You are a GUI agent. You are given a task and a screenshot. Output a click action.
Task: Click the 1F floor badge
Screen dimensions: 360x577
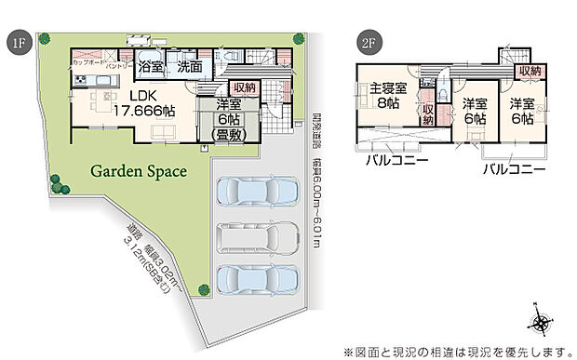(16, 42)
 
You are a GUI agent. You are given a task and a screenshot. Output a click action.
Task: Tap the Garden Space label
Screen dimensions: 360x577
(139, 171)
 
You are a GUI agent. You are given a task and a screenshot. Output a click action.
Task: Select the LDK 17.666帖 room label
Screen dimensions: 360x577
(143, 103)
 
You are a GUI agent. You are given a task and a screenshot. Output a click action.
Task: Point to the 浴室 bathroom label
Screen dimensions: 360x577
(151, 67)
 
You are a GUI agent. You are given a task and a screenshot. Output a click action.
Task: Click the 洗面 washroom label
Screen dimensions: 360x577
(189, 67)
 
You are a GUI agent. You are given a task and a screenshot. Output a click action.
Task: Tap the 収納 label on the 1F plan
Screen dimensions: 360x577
(244, 87)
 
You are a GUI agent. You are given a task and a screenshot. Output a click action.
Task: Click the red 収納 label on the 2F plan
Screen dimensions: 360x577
(530, 71)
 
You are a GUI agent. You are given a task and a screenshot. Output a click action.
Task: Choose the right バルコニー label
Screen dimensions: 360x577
(513, 170)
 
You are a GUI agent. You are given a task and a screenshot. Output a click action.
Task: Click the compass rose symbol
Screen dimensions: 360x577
(541, 323)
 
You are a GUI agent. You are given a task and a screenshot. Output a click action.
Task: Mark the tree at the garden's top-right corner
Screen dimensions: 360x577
(298, 38)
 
